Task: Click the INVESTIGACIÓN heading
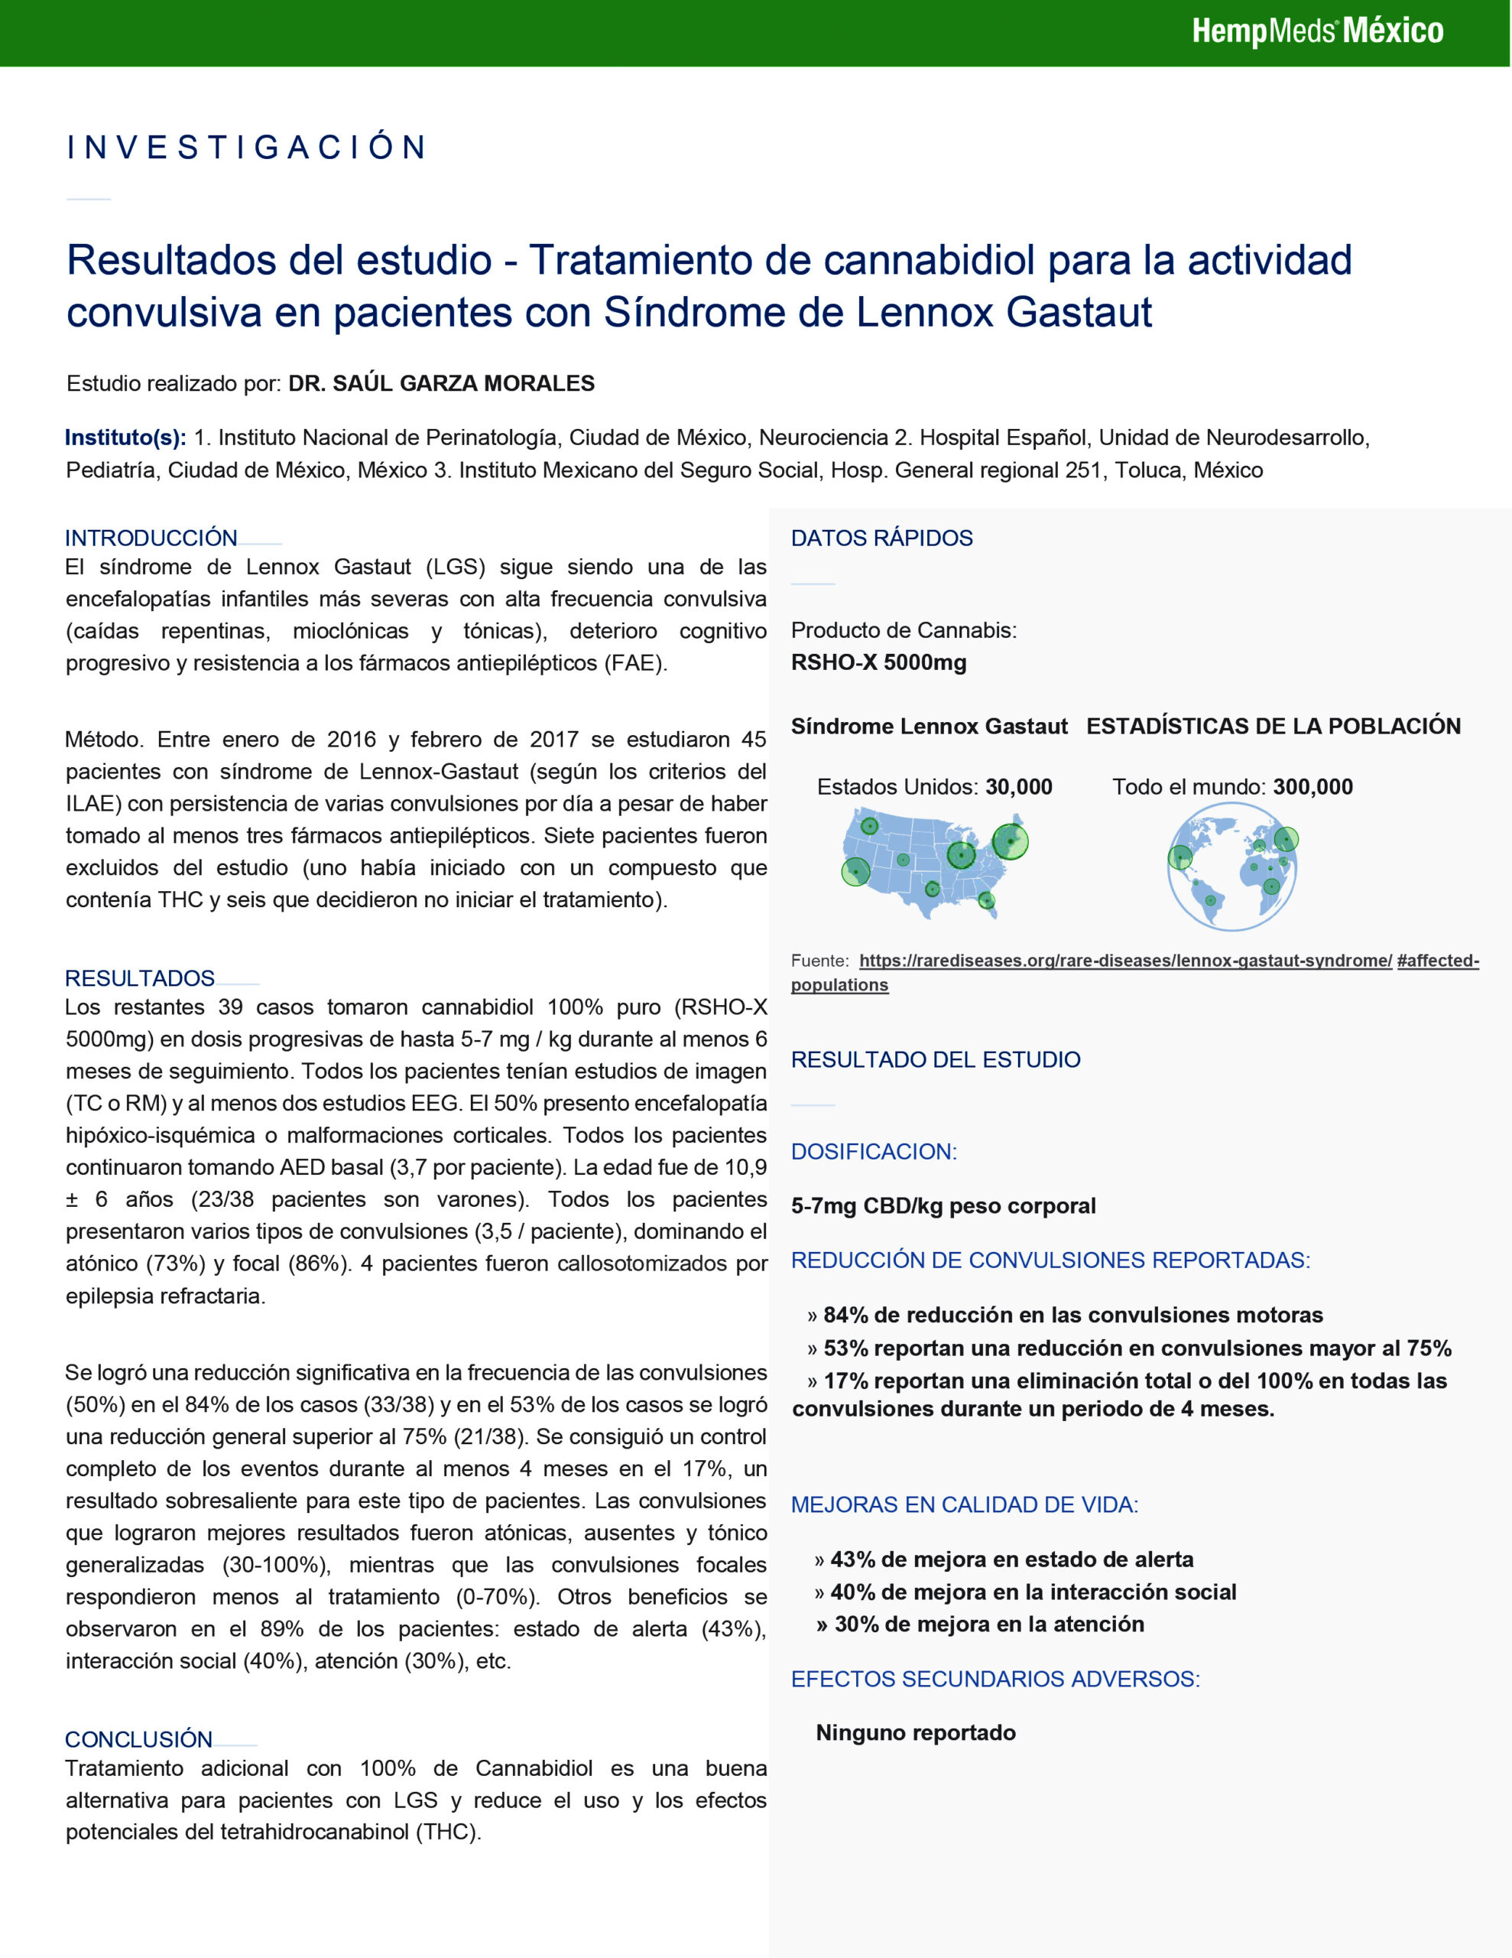click(x=246, y=148)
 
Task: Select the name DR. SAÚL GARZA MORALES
click(x=441, y=384)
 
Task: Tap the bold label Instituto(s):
click(x=125, y=437)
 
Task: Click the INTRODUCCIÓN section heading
click(x=151, y=538)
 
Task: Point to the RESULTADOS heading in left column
click(x=140, y=978)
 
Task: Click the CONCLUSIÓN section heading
click(x=139, y=1739)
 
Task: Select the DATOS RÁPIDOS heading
click(x=881, y=538)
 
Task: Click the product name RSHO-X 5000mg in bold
click(x=878, y=662)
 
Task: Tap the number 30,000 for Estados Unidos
click(x=1019, y=787)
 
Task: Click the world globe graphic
click(x=1233, y=866)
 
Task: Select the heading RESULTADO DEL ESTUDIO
click(x=936, y=1059)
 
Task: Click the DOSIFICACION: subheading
click(x=874, y=1152)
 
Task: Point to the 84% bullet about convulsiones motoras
click(x=1072, y=1316)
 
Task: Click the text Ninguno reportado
click(x=915, y=1733)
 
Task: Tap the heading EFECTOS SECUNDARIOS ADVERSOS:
click(x=994, y=1679)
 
